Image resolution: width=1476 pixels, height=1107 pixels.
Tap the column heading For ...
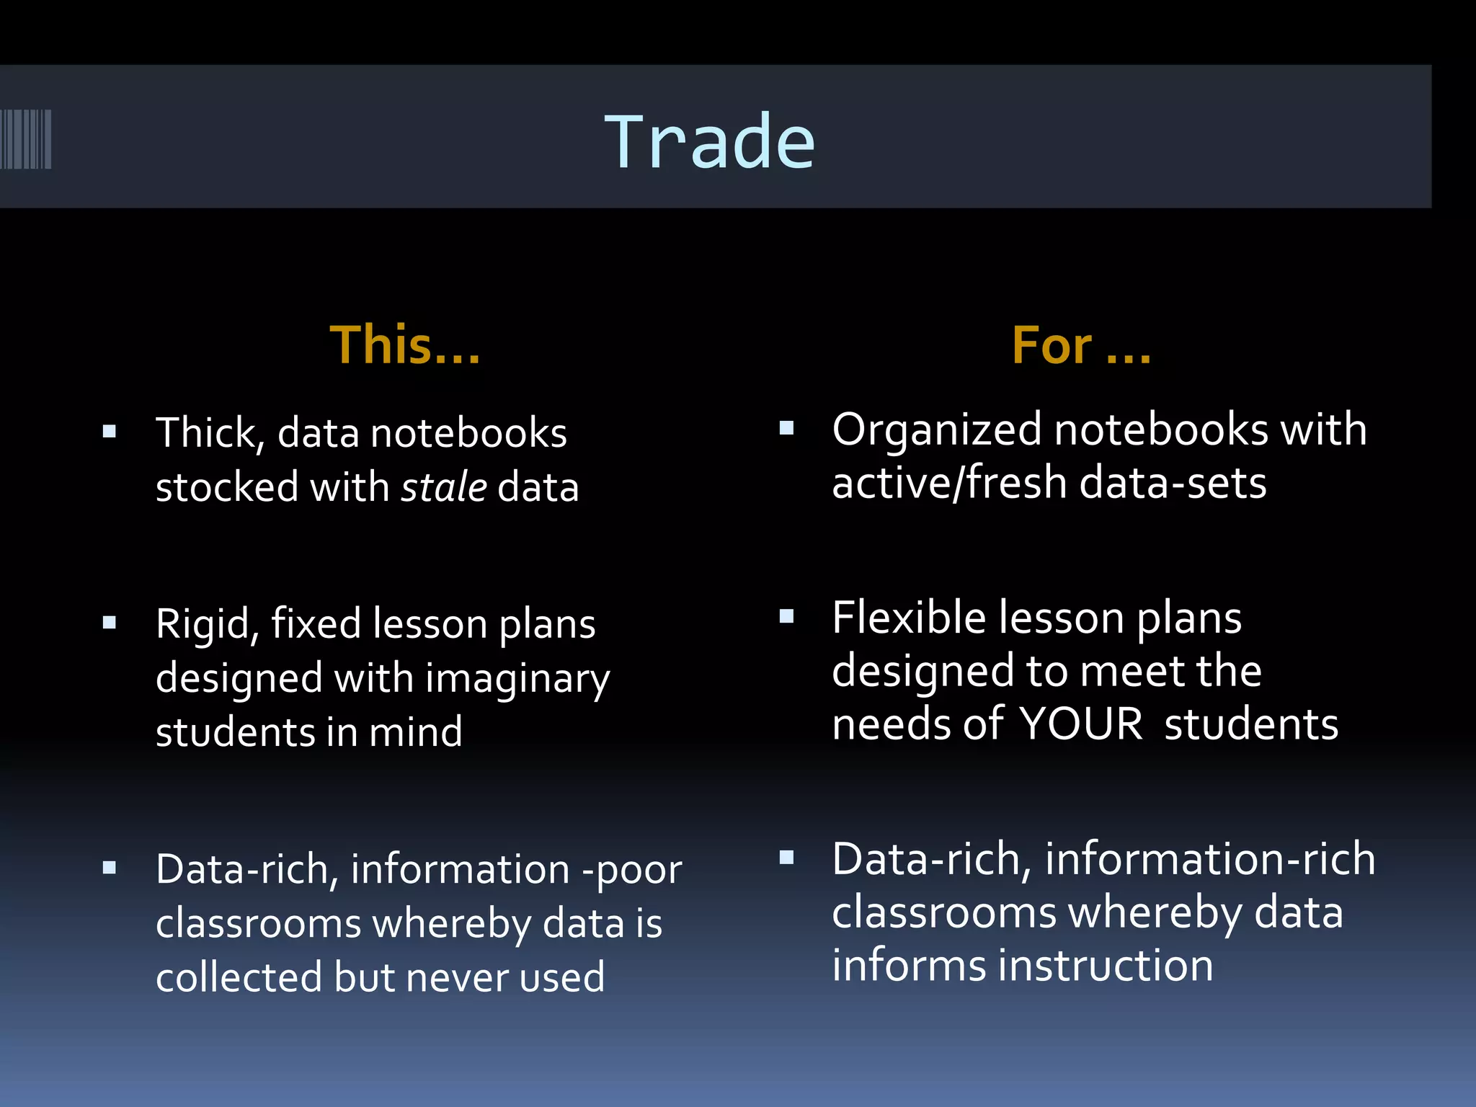(x=1080, y=345)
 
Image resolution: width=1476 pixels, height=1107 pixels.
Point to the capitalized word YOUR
(x=1080, y=724)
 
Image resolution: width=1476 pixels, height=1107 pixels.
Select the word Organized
(x=937, y=430)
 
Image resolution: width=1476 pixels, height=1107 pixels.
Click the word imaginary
(x=517, y=680)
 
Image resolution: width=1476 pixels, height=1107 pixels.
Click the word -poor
(x=631, y=870)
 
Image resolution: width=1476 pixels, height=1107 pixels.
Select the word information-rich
(x=1210, y=859)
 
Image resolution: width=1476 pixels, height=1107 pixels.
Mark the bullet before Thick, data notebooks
(x=110, y=432)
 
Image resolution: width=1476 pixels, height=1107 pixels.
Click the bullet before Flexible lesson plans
(x=786, y=616)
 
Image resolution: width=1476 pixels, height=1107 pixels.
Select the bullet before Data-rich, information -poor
(x=110, y=868)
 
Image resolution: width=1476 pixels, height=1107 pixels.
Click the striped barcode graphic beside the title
(x=26, y=139)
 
